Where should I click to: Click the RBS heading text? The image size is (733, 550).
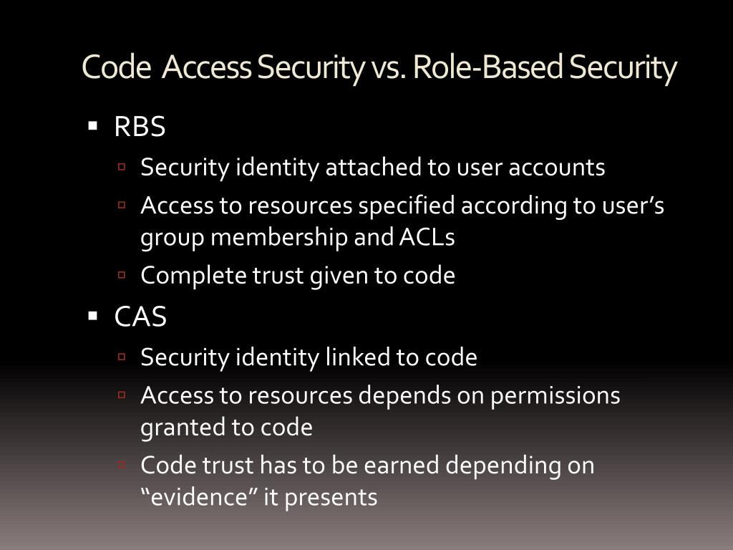(x=140, y=127)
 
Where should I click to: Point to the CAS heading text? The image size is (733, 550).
(x=140, y=317)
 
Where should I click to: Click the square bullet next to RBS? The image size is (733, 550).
(x=92, y=127)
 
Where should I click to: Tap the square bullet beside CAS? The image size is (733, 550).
(x=92, y=316)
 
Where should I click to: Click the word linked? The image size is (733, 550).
(x=356, y=357)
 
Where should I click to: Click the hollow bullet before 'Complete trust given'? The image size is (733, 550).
(x=122, y=275)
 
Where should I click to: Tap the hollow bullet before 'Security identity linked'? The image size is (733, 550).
(x=122, y=357)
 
